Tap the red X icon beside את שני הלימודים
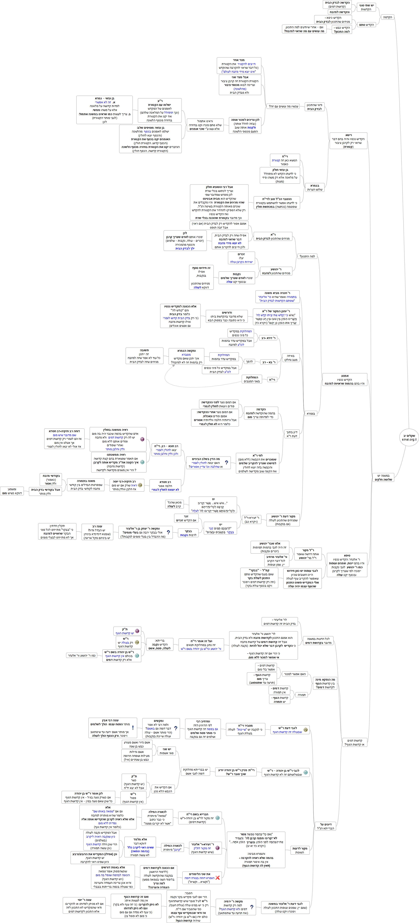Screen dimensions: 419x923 click(217, 877)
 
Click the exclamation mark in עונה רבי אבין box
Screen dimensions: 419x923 click(133, 728)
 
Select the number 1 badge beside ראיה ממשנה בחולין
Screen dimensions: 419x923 click(142, 439)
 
